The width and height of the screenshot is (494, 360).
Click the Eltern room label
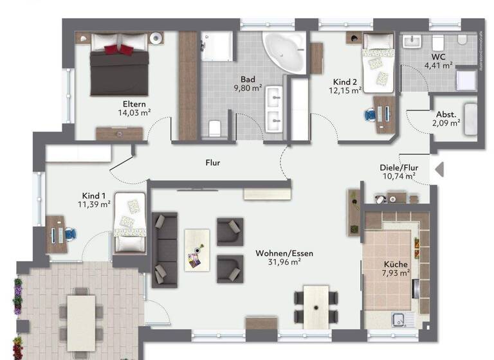pos(134,104)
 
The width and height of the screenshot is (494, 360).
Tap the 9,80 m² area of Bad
pos(248,87)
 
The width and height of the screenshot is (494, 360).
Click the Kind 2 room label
pos(345,82)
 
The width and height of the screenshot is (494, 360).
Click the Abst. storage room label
pos(446,114)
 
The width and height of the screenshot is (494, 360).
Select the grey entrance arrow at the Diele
pos(440,170)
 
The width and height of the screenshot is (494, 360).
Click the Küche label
pos(396,264)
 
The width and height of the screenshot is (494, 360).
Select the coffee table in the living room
pos(197,249)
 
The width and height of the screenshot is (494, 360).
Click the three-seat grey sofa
pos(165,249)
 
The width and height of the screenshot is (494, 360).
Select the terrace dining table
pos(80,319)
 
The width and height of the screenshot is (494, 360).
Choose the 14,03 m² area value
pos(134,113)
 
